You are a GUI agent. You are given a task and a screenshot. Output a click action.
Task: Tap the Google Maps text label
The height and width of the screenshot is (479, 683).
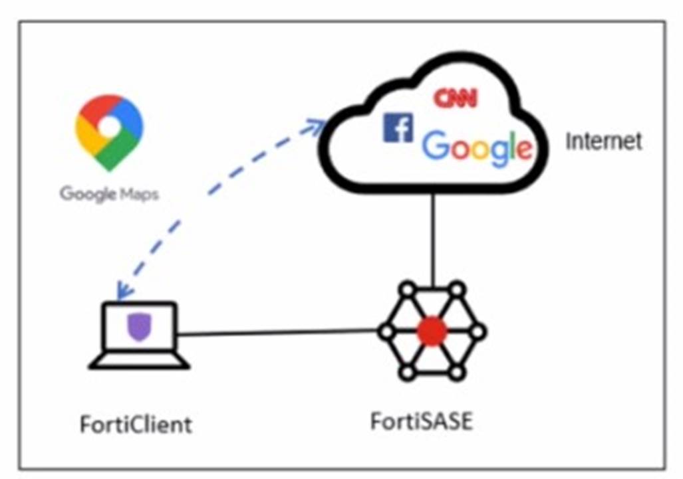tap(109, 194)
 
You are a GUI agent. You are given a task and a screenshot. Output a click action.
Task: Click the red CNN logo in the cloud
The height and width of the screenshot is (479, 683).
tap(456, 98)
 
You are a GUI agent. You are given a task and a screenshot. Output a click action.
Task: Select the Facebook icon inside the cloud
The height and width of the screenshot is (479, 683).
tap(398, 127)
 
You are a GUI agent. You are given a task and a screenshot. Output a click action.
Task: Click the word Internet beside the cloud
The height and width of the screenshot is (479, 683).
tap(604, 141)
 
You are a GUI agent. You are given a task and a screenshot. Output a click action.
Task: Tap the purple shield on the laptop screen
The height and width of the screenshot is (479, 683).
tap(138, 328)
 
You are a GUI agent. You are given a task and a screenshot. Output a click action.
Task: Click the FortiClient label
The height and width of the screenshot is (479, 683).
tap(136, 424)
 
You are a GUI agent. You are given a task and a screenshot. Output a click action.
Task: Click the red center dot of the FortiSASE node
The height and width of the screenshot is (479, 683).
tap(432, 331)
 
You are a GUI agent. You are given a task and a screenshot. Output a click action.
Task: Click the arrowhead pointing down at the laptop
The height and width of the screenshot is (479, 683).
tap(122, 291)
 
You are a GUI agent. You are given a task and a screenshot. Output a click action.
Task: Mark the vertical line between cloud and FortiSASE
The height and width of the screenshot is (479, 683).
tap(433, 236)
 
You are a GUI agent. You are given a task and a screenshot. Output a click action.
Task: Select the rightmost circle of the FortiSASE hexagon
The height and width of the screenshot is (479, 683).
tap(478, 331)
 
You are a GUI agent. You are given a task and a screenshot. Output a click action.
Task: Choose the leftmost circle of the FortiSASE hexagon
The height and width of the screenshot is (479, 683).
tap(385, 331)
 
